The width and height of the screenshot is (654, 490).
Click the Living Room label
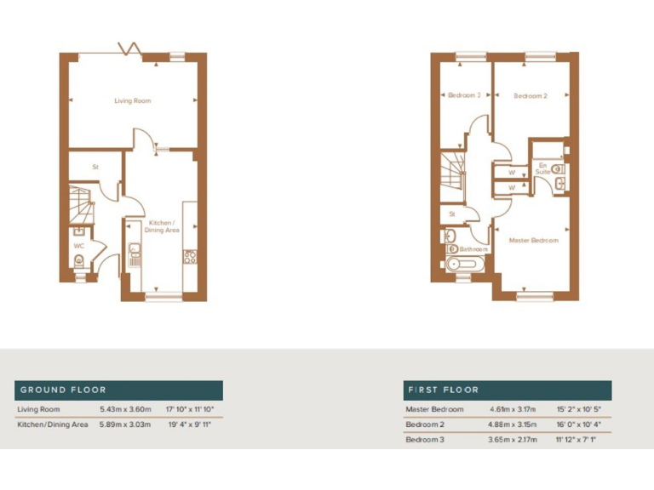click(133, 101)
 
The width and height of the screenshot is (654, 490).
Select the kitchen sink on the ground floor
click(135, 252)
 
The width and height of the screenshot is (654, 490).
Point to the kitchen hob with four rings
click(190, 255)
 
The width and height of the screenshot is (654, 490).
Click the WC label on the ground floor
click(78, 247)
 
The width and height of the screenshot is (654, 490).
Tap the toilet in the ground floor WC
click(78, 262)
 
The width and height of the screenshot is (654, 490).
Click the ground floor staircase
click(82, 204)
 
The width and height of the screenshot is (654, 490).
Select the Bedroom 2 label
click(530, 96)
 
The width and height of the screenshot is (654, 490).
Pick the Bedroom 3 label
click(464, 95)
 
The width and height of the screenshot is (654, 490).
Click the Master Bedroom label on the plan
click(533, 241)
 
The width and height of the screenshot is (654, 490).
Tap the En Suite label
click(542, 168)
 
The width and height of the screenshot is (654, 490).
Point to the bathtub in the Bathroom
click(462, 265)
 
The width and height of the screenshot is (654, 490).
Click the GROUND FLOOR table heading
click(64, 390)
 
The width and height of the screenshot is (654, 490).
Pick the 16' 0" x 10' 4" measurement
click(579, 424)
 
